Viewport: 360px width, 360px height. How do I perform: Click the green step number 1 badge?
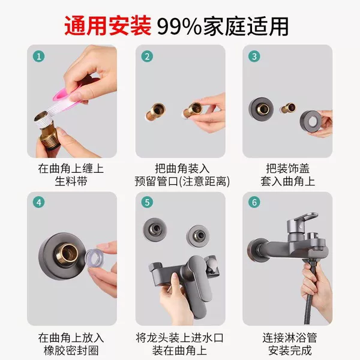(39, 56)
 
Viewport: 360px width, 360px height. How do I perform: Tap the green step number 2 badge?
(147, 56)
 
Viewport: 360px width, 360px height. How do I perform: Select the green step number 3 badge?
(254, 56)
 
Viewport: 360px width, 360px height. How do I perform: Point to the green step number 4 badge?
(39, 203)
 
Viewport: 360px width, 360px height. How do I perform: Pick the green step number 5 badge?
(147, 203)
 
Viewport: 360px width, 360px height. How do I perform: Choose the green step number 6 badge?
(254, 203)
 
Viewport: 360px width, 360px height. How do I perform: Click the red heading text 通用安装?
(107, 26)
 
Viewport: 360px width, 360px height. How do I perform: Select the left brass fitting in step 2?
(155, 112)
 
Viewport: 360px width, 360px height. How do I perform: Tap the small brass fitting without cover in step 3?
(287, 108)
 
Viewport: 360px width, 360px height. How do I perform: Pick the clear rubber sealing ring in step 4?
(94, 257)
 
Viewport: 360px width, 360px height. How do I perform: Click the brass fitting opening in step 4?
(68, 251)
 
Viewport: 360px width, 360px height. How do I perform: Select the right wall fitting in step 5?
(198, 236)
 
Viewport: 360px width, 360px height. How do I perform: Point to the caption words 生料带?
(71, 181)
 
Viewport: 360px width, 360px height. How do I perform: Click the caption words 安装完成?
(290, 350)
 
